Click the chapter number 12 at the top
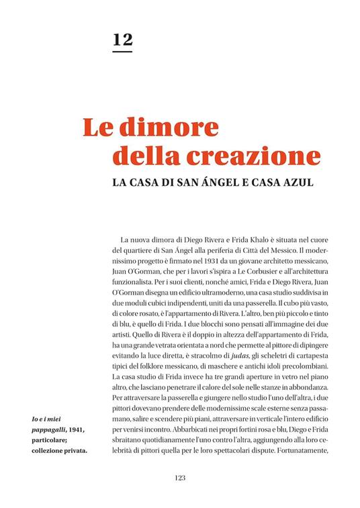tap(122, 39)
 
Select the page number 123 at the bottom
tap(179, 478)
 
